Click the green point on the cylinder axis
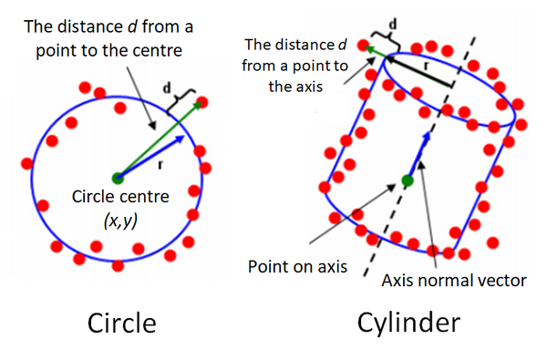[x=408, y=180]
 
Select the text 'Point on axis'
[x=293, y=267]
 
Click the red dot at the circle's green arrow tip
[x=201, y=100]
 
